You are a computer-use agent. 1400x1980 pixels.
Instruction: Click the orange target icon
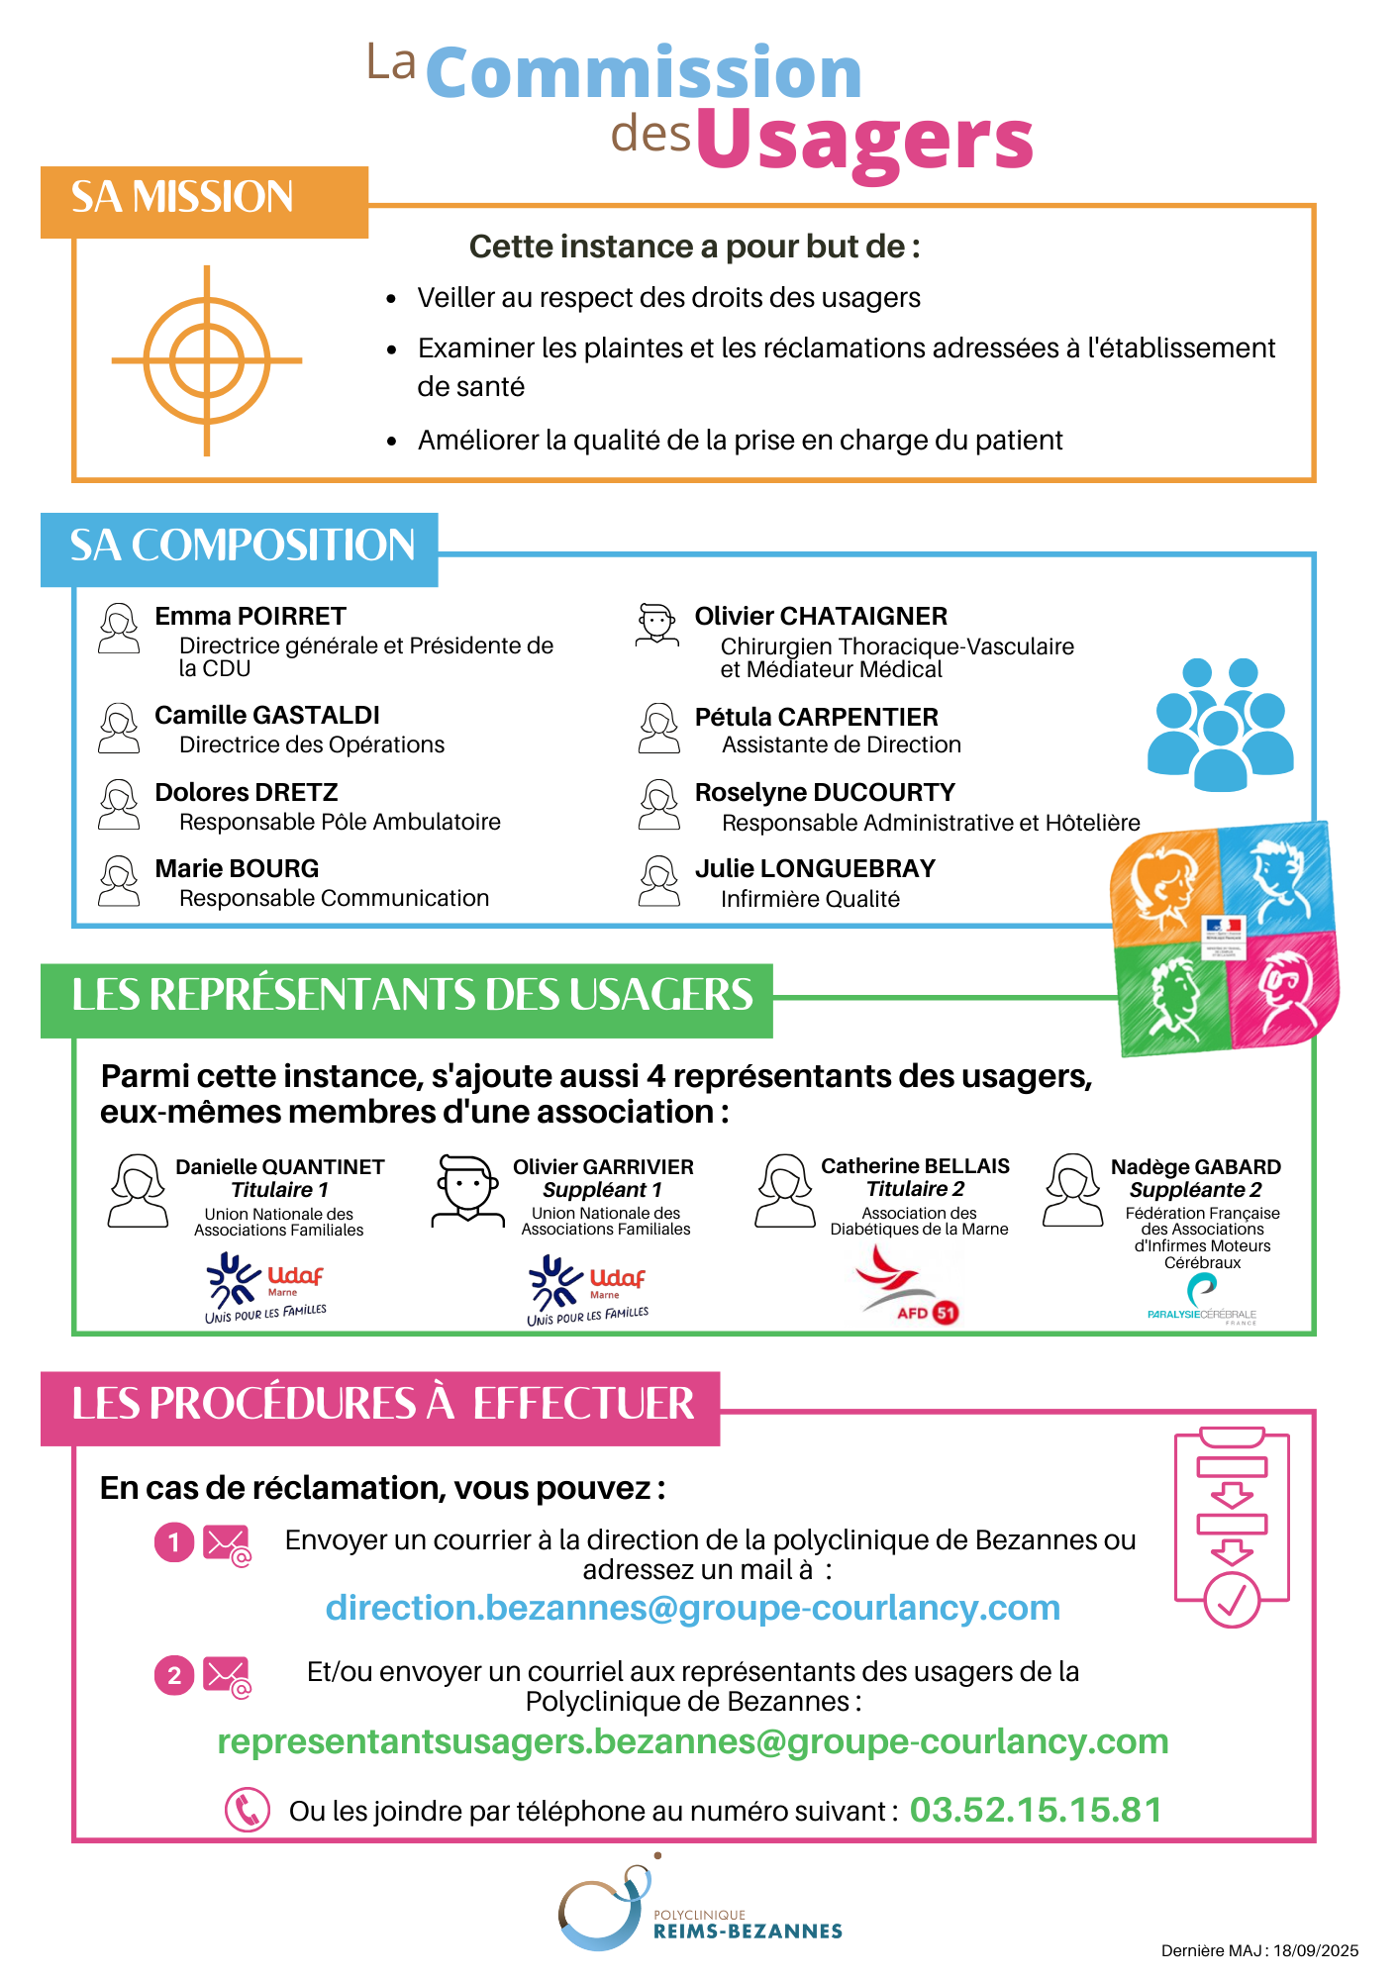pos(206,360)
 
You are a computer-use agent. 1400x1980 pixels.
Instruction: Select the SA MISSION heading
pos(182,198)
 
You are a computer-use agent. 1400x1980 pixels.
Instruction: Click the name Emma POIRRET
pos(250,616)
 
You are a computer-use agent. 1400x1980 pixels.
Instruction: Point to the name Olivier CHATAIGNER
pos(821,616)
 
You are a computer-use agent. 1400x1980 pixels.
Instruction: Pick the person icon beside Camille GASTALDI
pos(119,728)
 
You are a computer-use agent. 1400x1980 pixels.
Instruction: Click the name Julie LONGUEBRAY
pos(815,868)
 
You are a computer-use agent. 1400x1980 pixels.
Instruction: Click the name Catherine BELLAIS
pos(915,1166)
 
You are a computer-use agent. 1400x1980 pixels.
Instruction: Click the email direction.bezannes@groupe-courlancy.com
pos(692,1608)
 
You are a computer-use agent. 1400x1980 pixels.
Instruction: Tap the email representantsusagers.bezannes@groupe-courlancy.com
pos(692,1741)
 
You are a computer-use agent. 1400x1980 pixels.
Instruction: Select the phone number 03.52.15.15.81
pos(1035,1810)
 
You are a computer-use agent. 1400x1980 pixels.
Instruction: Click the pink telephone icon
pos(247,1810)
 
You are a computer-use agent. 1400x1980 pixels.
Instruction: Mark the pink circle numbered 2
pos(174,1676)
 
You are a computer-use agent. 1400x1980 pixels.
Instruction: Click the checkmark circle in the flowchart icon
pos(1231,1599)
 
